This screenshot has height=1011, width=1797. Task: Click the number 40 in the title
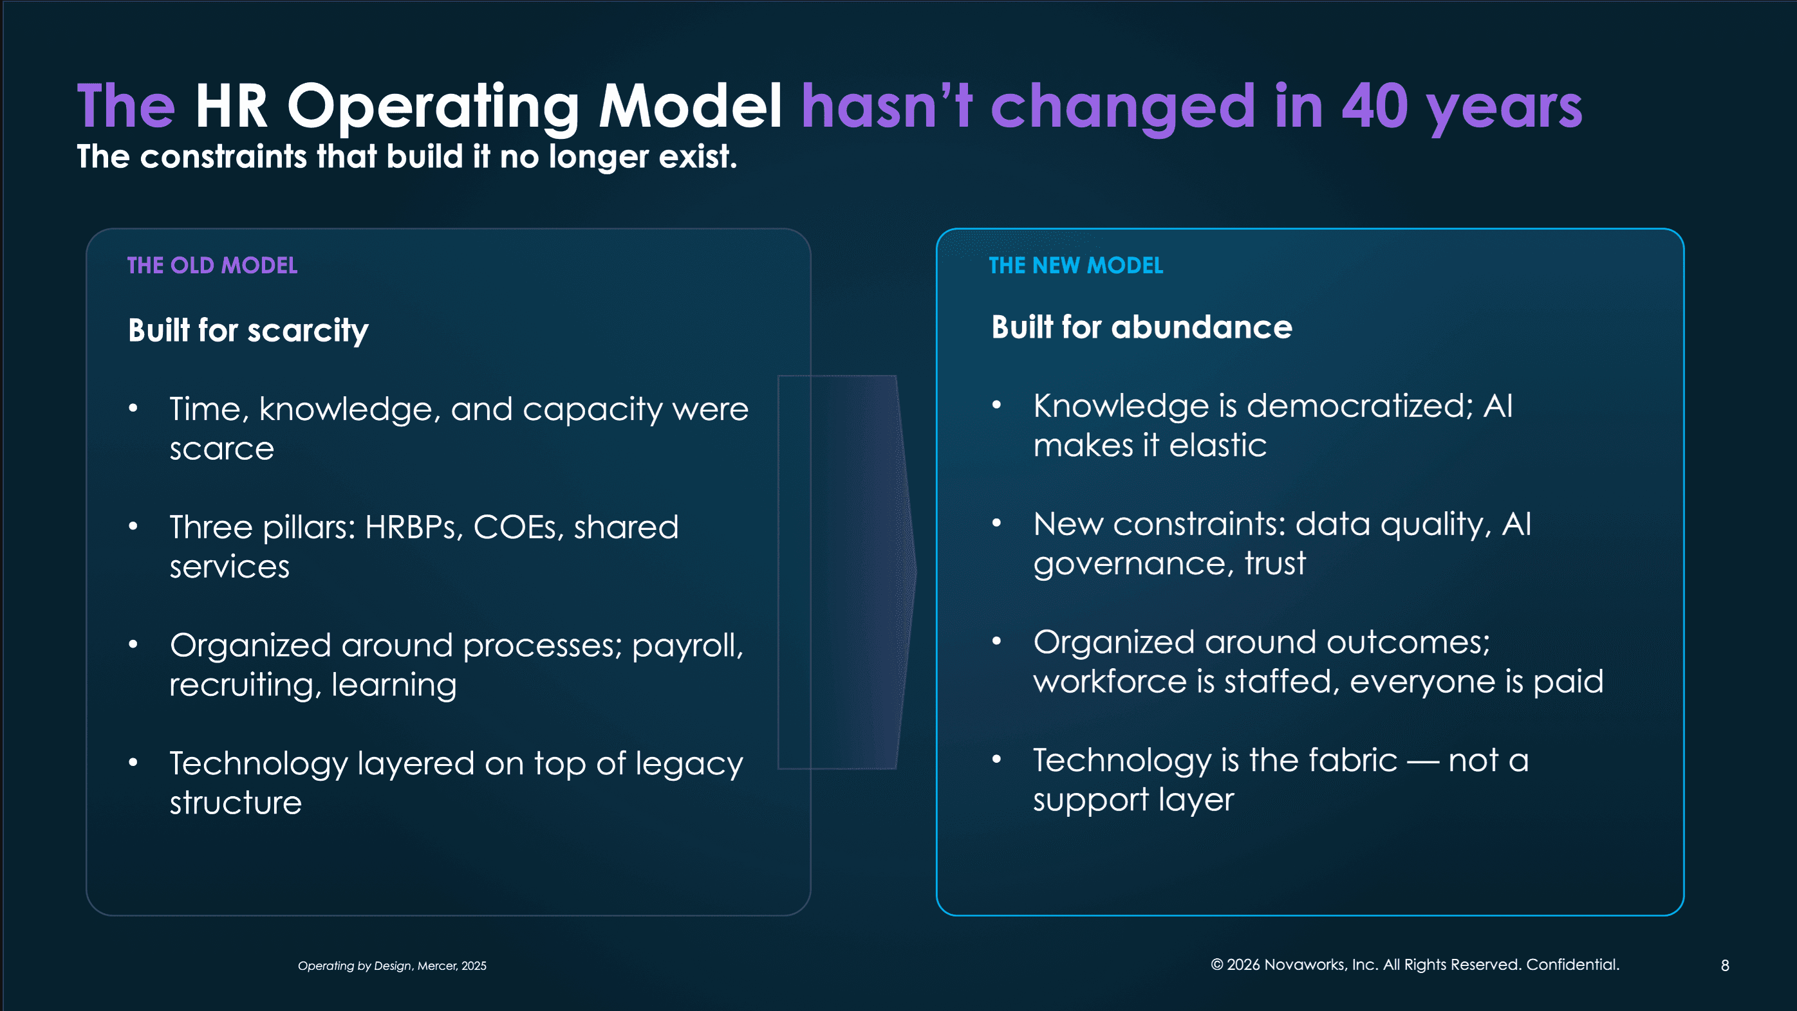click(x=1373, y=107)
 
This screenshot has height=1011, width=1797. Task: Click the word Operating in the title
click(x=433, y=107)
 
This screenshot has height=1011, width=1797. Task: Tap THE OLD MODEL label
click(x=212, y=265)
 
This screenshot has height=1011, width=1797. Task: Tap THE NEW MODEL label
click(x=1075, y=265)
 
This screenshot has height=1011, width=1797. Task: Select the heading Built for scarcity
click(x=248, y=330)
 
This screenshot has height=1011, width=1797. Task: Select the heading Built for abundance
click(x=1141, y=327)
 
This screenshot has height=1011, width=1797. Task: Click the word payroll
click(x=687, y=646)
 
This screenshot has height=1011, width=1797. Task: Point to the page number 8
click(x=1724, y=966)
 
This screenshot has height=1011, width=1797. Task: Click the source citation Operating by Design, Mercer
click(x=392, y=966)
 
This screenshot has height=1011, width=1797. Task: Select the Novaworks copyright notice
click(x=1415, y=964)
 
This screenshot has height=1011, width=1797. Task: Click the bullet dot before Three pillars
click(x=133, y=527)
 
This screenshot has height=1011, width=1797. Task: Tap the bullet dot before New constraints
click(x=996, y=523)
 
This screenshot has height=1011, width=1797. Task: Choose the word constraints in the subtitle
click(x=223, y=156)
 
